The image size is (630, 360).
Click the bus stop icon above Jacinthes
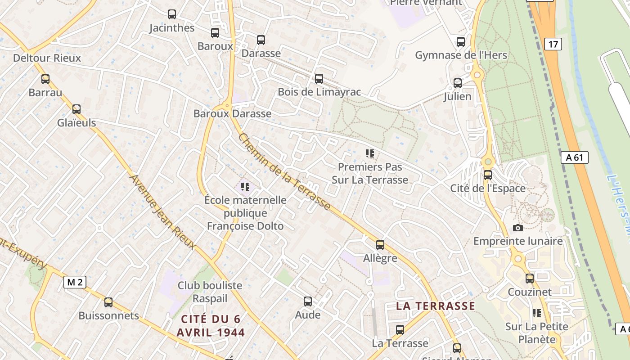(x=171, y=14)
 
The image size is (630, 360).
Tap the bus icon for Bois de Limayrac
(x=319, y=79)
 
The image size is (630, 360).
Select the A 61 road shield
(x=575, y=157)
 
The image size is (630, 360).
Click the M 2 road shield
(x=75, y=282)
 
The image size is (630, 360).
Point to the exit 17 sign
(x=553, y=44)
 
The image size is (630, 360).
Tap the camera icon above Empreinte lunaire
(x=518, y=228)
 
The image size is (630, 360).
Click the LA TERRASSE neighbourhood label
(x=435, y=306)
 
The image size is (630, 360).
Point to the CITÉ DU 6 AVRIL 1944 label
(x=211, y=326)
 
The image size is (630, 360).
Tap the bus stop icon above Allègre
(x=380, y=245)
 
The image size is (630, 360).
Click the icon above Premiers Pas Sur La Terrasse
(x=370, y=154)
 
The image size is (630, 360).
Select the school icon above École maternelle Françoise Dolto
(x=245, y=186)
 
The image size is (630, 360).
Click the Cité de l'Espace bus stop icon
(x=488, y=175)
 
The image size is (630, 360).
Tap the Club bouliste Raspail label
(x=210, y=292)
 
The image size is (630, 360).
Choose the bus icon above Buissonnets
(x=108, y=302)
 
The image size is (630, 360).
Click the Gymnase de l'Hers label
(x=461, y=55)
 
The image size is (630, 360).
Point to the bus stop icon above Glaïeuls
(x=76, y=109)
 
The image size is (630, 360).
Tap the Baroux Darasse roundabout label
(x=232, y=113)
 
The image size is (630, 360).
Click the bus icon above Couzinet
(x=530, y=279)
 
